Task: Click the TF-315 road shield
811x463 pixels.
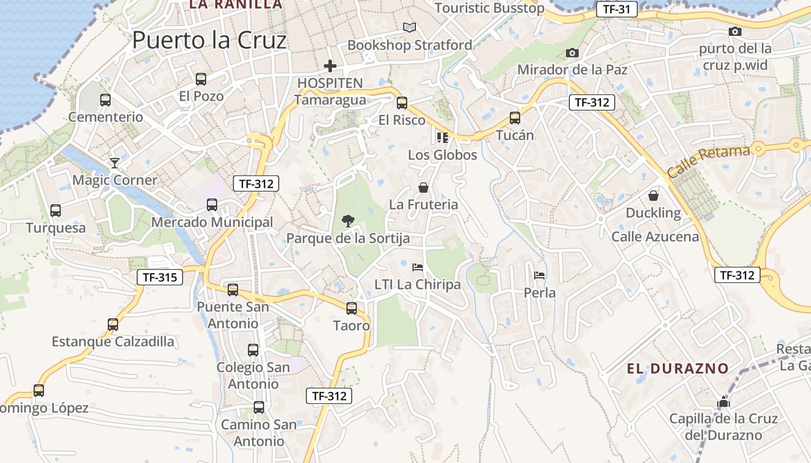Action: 160,277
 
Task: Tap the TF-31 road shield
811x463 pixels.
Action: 616,9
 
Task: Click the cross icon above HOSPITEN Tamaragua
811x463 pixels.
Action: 330,66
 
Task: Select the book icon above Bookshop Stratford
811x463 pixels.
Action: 410,27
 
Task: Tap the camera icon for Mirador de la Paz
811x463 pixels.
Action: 572,53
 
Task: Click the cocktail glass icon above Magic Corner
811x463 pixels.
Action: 115,163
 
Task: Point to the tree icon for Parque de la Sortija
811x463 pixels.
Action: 348,221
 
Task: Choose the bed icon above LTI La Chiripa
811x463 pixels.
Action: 417,267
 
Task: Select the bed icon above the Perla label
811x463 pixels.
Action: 539,275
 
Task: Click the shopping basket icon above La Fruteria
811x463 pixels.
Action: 423,188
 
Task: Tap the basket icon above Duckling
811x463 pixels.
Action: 653,196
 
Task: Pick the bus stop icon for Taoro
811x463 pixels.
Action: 352,308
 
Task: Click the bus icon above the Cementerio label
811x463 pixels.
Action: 105,100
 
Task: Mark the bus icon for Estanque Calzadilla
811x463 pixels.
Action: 113,324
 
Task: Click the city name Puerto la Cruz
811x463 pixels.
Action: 209,41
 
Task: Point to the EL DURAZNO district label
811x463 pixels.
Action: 678,368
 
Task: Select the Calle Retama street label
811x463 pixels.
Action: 708,161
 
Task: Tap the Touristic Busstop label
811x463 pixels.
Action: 489,8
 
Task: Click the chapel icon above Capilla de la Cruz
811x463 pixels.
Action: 724,401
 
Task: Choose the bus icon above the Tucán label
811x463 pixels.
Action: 515,118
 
